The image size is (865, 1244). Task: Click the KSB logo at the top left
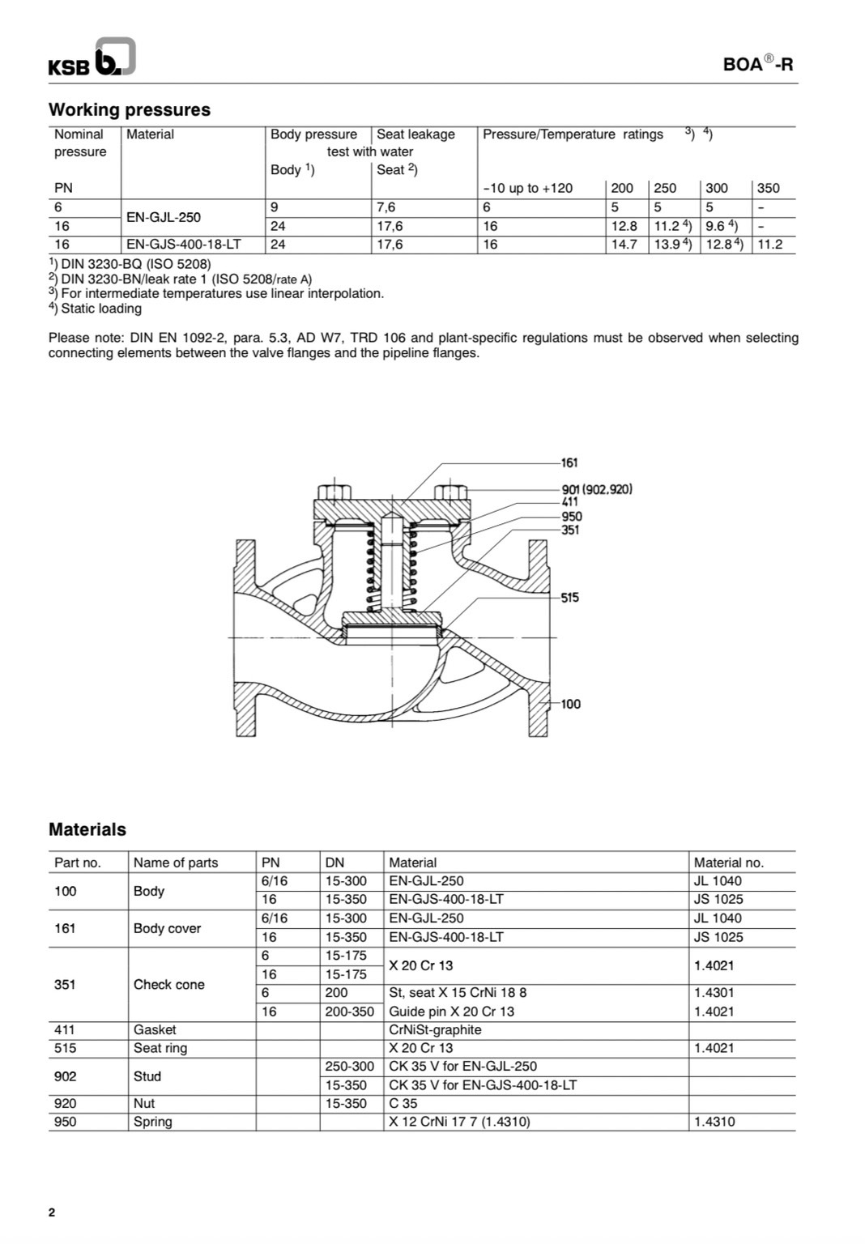[x=91, y=59]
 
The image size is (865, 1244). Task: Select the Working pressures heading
[x=129, y=110]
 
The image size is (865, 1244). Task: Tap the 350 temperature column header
[x=768, y=189]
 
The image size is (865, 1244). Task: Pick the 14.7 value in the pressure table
[x=624, y=245]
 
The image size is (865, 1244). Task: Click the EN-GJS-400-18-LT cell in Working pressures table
[x=184, y=245]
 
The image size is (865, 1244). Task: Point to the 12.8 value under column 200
[x=624, y=227]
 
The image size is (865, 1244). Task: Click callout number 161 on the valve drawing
[x=569, y=463]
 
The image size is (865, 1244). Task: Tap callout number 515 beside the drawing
[x=570, y=598]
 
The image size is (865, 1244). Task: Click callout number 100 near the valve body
[x=570, y=704]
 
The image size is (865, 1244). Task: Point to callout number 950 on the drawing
[x=571, y=517]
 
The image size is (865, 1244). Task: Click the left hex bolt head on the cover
[x=334, y=492]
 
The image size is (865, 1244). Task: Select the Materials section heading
[x=87, y=829]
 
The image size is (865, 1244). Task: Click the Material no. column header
[x=728, y=863]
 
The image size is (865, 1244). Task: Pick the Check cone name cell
[x=168, y=985]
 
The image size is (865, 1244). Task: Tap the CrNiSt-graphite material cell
[x=435, y=1030]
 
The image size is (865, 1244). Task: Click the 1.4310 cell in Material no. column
[x=715, y=1122]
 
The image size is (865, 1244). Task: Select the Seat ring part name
[x=160, y=1048]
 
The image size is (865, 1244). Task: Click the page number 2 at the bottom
[x=53, y=1212]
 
